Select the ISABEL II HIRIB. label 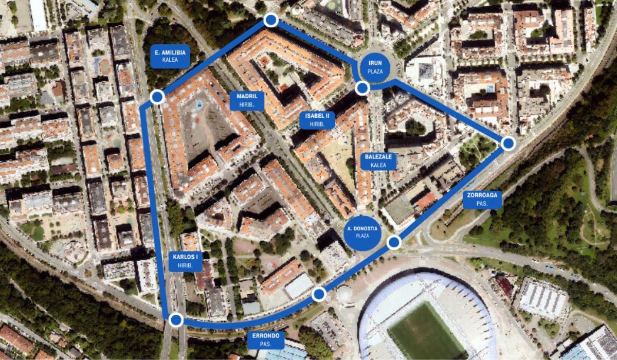(x=317, y=120)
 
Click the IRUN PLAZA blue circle (x=375, y=67)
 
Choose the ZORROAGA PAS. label (x=482, y=199)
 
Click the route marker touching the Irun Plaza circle (x=362, y=88)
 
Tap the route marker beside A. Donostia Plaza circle (x=394, y=242)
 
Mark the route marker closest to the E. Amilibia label (x=157, y=96)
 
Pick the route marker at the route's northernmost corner (x=270, y=20)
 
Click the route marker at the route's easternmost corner (x=508, y=143)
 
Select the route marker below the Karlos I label (x=176, y=320)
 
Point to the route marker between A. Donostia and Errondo (x=319, y=294)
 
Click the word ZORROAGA (x=482, y=195)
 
